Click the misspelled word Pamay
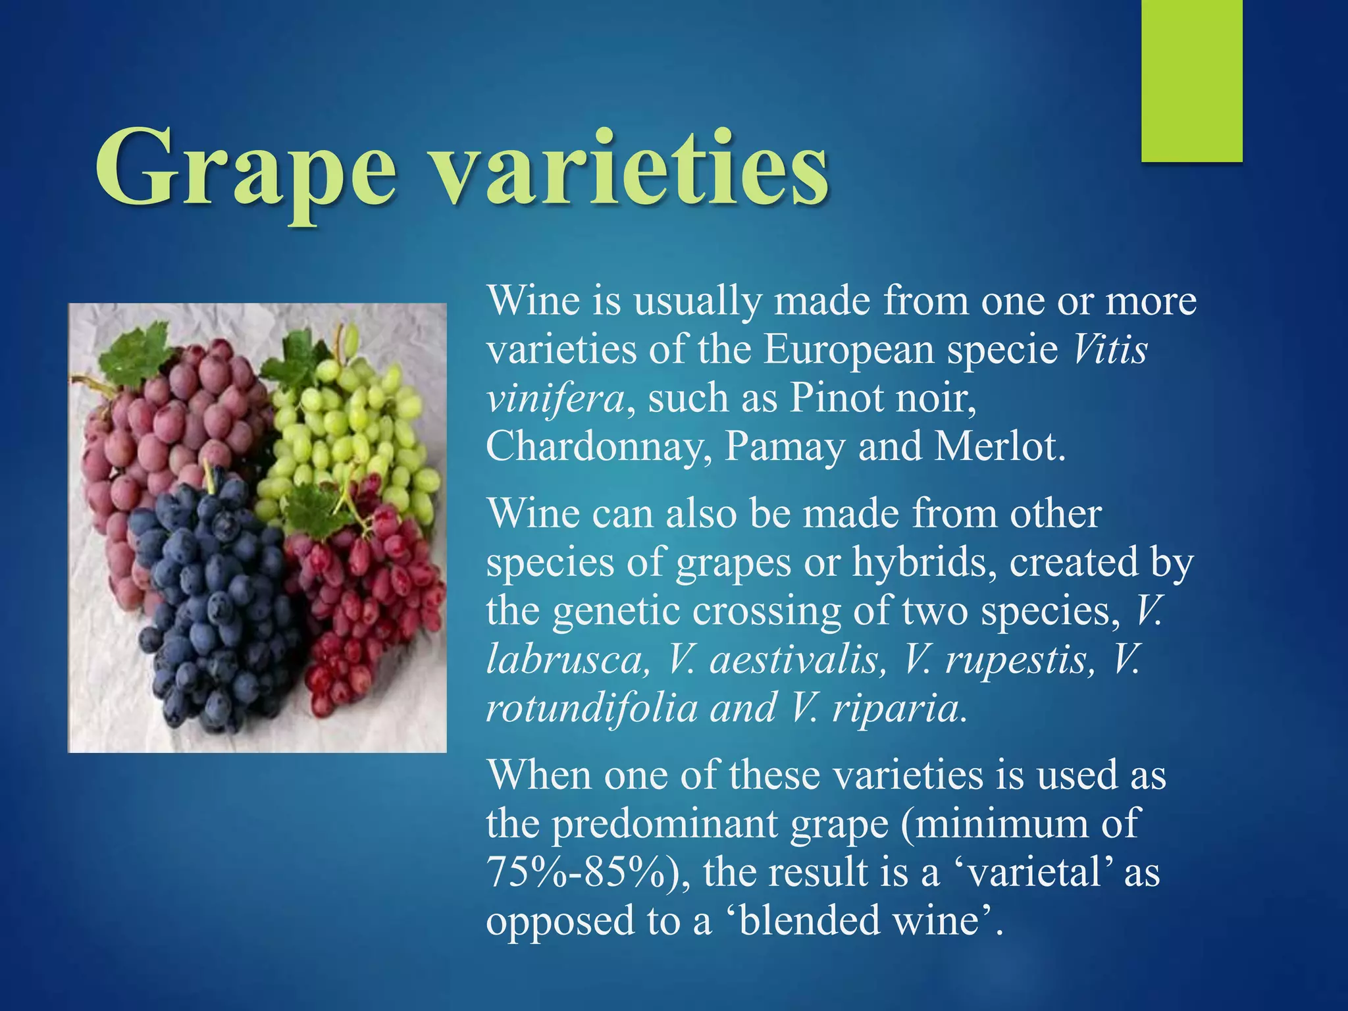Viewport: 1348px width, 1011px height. coord(785,448)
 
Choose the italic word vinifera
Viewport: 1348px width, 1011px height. coord(556,398)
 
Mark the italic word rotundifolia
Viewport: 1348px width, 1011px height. coord(592,708)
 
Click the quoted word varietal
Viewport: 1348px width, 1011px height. coord(1033,872)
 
